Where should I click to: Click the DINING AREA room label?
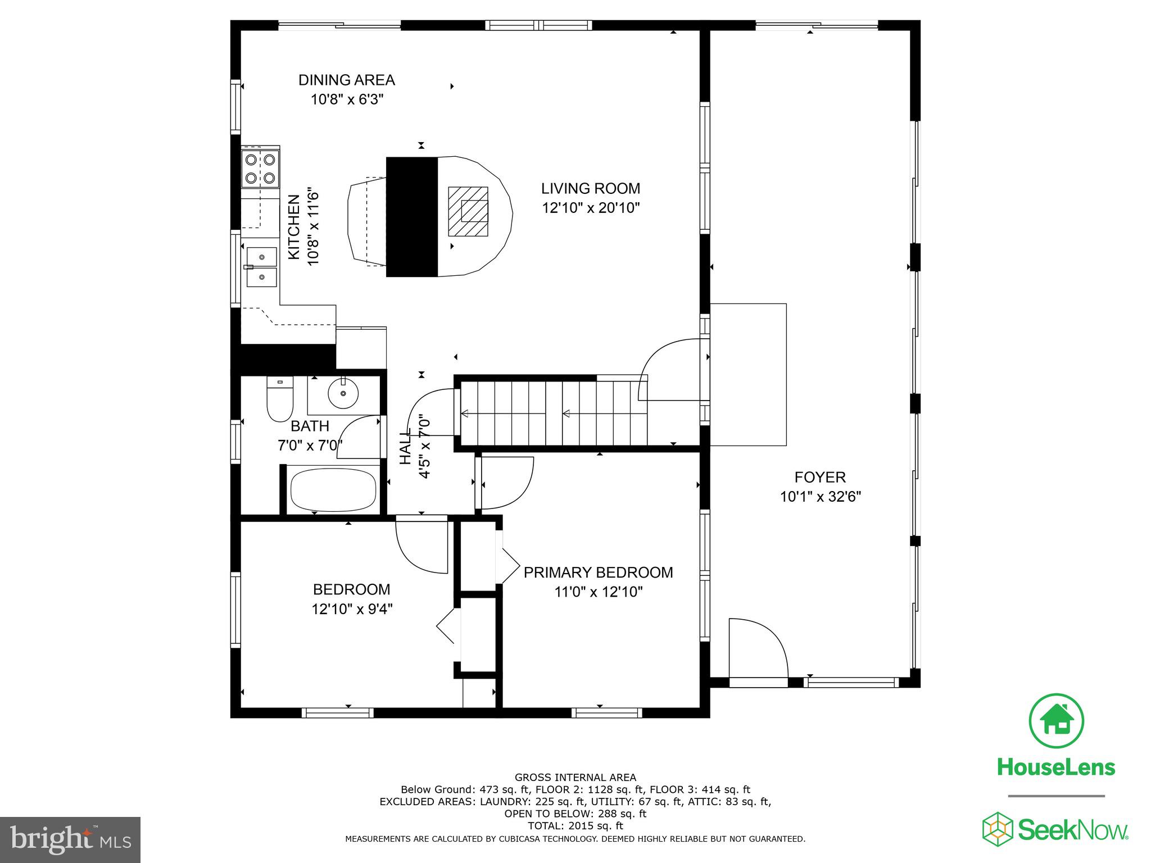pos(347,80)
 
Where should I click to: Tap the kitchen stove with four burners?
pos(261,169)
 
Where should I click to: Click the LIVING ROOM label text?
pos(591,188)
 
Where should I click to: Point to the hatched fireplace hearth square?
pos(468,211)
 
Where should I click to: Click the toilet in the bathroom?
pos(280,399)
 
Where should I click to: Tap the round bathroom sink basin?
pos(343,393)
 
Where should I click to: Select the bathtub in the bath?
pos(333,489)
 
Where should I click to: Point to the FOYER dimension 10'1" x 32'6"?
pos(821,497)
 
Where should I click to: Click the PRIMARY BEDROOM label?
pos(599,573)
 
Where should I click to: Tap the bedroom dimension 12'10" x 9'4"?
pos(352,609)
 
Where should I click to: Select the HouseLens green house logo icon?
pos(1057,721)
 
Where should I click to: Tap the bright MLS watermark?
pos(70,839)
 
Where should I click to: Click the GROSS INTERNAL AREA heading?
pos(575,778)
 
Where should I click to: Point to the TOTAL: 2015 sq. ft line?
pos(575,826)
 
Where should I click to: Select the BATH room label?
pos(310,426)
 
